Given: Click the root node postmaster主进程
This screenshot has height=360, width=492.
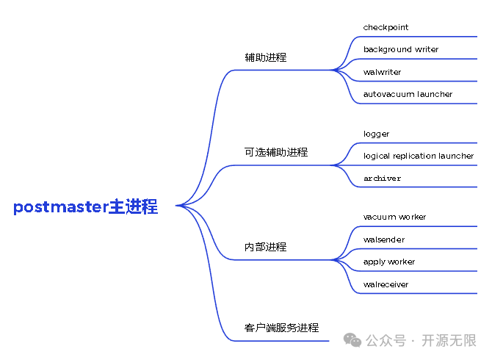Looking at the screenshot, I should click(85, 207).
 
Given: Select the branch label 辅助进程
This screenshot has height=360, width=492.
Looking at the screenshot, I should click(265, 57).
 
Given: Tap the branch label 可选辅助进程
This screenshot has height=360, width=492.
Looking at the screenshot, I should click(275, 152).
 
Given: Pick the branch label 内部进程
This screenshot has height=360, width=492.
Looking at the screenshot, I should click(265, 247).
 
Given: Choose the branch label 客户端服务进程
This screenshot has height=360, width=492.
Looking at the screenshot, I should click(281, 328).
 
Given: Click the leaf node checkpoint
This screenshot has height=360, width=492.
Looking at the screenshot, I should click(386, 27).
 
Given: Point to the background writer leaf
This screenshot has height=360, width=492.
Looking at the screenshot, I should click(400, 49).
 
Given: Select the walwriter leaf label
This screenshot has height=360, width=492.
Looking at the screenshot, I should click(382, 72).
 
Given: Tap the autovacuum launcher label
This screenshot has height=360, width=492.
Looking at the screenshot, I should click(408, 94).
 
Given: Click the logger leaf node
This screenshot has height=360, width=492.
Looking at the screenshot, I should click(376, 134).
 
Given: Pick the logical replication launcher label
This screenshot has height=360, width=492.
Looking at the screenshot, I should click(418, 156).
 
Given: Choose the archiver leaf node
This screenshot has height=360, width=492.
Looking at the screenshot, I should click(382, 179).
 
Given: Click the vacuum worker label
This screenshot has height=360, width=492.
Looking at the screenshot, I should click(394, 217).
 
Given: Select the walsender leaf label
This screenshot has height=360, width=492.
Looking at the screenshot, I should click(383, 240).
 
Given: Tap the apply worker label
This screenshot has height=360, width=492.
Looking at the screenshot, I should click(388, 262).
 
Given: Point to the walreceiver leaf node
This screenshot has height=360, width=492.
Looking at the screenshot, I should click(386, 284).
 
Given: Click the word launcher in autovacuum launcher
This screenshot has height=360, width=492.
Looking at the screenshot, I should click(435, 94).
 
